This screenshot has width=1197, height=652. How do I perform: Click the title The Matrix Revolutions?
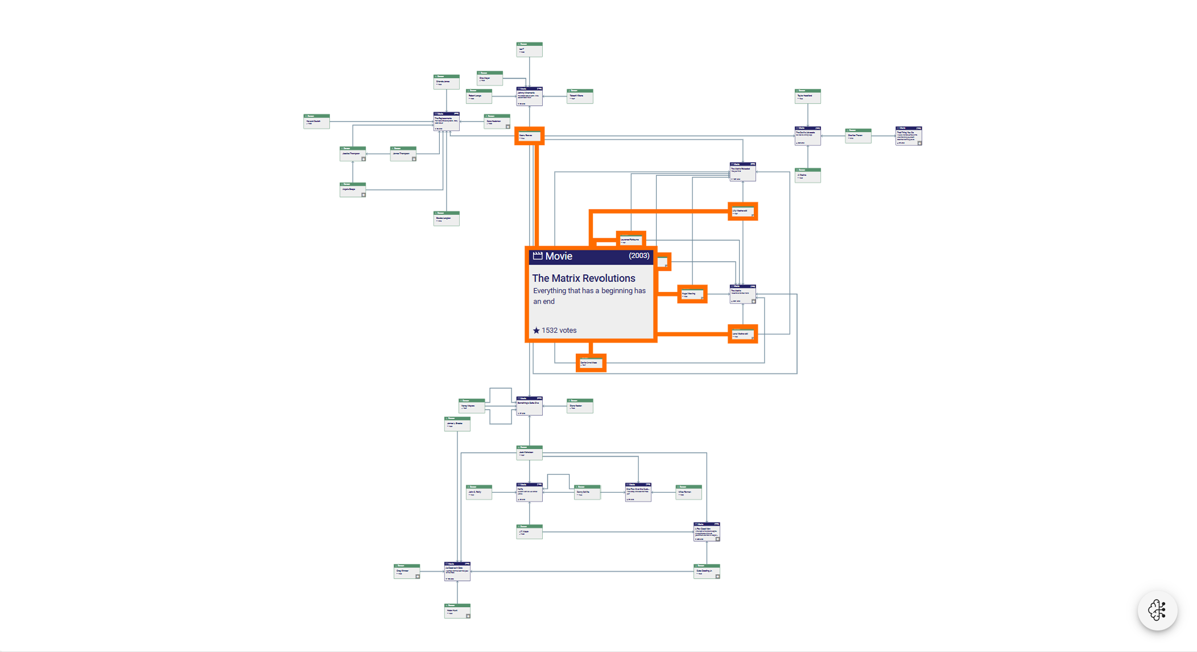pos(583,278)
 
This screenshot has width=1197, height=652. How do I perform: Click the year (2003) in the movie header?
pos(638,256)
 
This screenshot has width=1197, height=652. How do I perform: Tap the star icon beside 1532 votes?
pos(536,331)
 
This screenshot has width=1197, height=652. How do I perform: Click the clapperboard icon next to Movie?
pos(537,256)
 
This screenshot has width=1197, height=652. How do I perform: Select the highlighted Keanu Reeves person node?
pos(529,136)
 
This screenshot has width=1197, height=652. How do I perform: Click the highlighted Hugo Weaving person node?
pos(692,294)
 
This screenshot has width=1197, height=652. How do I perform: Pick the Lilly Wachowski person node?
pos(742,212)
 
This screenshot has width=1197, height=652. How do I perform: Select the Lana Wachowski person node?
pos(742,334)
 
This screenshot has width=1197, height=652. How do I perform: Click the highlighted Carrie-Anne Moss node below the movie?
pos(591,363)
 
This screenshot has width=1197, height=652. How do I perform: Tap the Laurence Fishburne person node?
pos(631,240)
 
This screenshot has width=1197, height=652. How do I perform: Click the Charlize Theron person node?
pos(858,136)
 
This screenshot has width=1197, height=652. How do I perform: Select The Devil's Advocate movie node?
pos(807,136)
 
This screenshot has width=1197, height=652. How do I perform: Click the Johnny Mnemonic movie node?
pos(529,96)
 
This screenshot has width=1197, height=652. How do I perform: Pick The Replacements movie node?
pos(446,121)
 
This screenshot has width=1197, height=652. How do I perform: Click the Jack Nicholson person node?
pos(529,453)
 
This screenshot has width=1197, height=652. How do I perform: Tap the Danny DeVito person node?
pos(587,492)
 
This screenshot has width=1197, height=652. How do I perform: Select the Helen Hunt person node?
pos(457,611)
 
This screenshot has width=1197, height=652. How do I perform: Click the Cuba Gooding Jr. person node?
pos(707,571)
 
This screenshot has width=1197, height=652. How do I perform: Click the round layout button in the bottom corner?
pos(1157,610)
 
